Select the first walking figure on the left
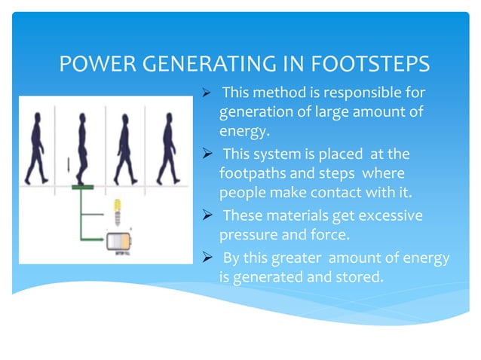pos(35,147)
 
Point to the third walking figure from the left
pos(122,147)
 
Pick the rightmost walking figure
pos(167,147)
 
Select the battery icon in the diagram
pos(120,240)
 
